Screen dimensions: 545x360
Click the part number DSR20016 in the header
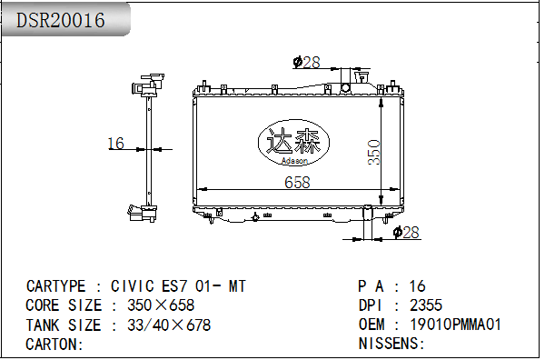click(x=61, y=20)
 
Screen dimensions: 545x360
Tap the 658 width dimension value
click(x=297, y=183)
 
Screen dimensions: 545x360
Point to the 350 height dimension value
click(x=374, y=152)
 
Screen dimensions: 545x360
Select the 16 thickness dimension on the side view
click(x=115, y=144)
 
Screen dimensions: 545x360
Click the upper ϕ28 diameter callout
click(x=307, y=62)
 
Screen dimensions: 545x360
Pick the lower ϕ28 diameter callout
click(x=406, y=232)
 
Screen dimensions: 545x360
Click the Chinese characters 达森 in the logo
click(x=293, y=141)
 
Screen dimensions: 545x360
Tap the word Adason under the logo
click(x=294, y=161)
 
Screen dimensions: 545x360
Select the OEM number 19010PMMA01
click(x=456, y=325)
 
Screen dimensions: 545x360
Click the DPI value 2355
click(x=426, y=305)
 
